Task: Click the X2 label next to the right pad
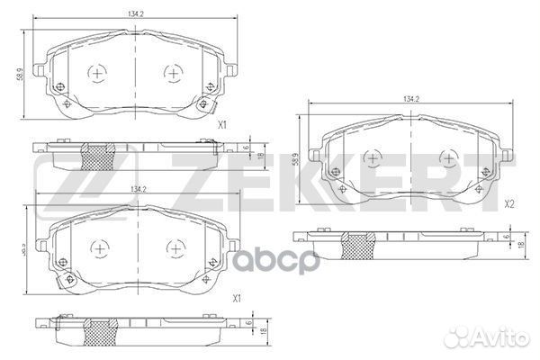[508, 204]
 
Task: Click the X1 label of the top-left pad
[222, 125]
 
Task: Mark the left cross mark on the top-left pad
[98, 72]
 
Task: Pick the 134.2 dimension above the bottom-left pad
[139, 188]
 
